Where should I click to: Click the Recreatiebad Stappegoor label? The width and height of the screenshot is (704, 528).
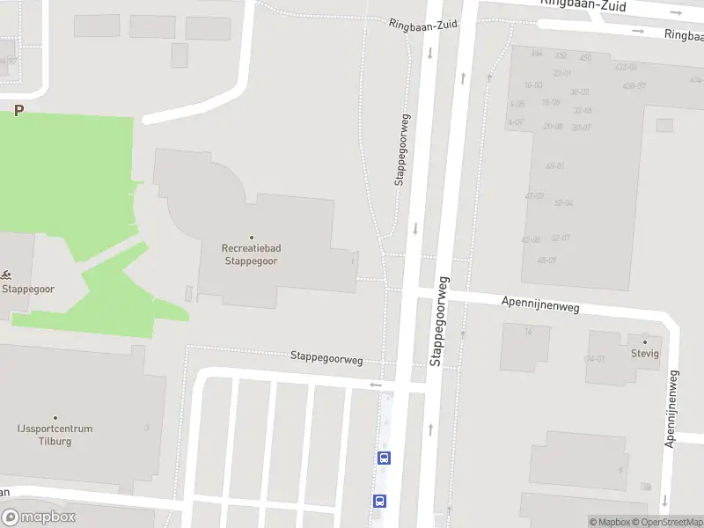[251, 254]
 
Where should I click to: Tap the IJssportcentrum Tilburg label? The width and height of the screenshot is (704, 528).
[55, 435]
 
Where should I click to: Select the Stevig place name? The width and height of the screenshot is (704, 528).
[644, 354]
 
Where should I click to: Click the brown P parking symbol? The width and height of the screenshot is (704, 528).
[18, 111]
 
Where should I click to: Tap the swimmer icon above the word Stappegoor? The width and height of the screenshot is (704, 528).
[7, 275]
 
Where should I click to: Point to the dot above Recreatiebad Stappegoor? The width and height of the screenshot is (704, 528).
[251, 238]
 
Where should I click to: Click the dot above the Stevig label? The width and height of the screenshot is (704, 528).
[644, 341]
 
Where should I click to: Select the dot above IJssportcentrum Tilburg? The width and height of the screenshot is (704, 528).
[55, 418]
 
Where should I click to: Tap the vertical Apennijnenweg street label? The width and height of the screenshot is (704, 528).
[673, 408]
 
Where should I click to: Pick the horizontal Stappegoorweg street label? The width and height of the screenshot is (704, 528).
[326, 358]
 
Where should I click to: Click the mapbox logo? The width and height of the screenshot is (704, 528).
[39, 517]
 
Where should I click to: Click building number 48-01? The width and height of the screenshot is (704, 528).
[555, 165]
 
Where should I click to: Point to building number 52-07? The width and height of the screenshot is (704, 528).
[561, 238]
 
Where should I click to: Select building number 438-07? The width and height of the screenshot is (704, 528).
[634, 85]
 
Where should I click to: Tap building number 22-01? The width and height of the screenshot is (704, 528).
[562, 73]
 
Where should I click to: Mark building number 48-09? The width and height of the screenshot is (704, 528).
[546, 260]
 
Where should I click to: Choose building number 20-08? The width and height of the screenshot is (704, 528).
[553, 126]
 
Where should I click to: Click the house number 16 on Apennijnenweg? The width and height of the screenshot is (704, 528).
[528, 332]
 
